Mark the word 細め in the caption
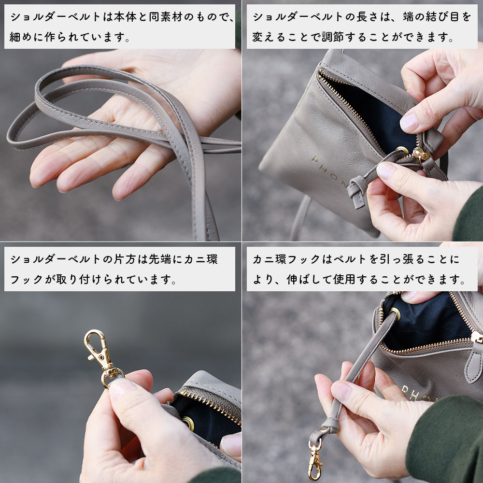[x=21, y=37]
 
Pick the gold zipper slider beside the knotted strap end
[x=421, y=156]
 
